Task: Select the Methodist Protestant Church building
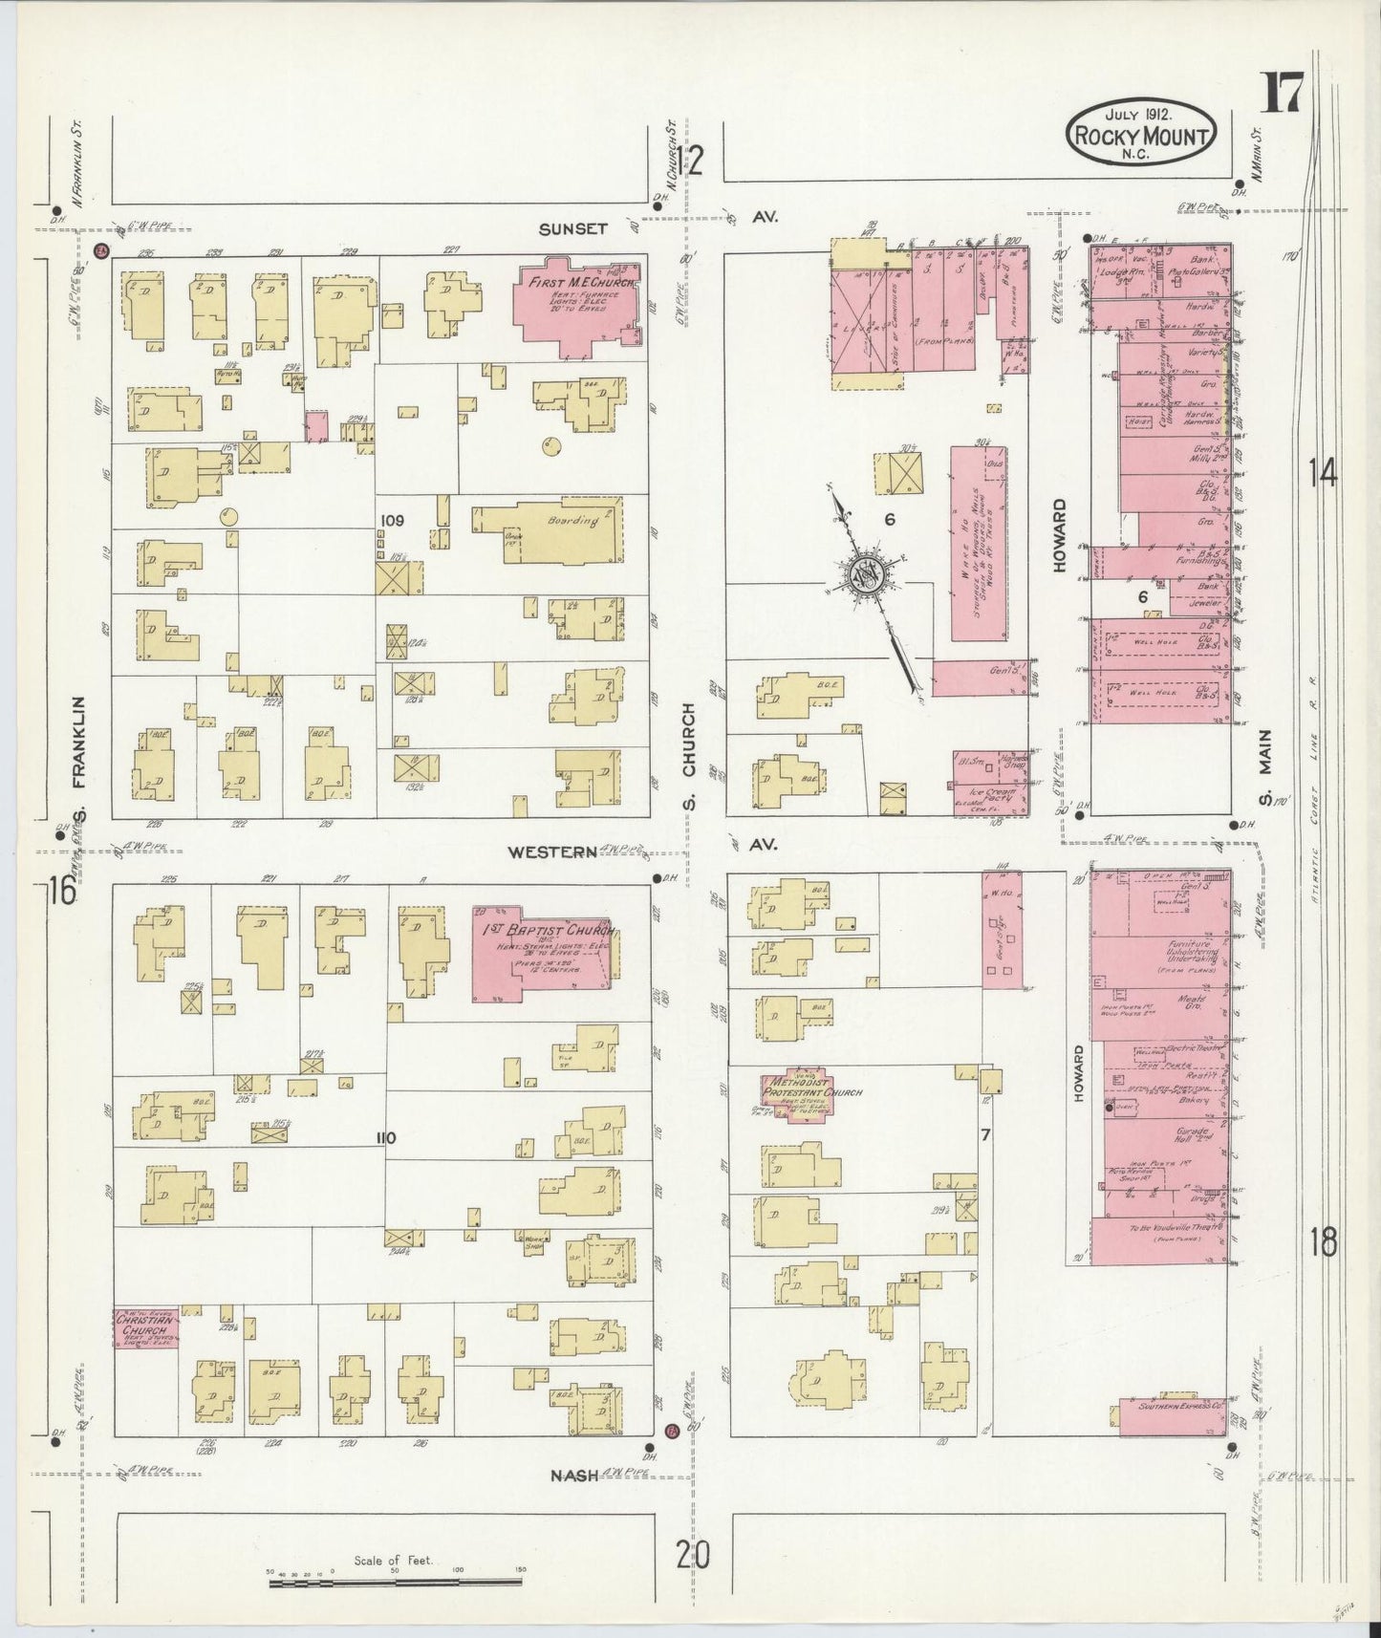tap(797, 1096)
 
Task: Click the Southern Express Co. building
tap(1174, 1416)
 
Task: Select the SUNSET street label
tap(572, 228)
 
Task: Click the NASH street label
tap(573, 1475)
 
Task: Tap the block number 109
tap(393, 521)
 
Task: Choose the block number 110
tap(386, 1137)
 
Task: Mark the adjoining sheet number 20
tap(691, 1557)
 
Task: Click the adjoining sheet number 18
tap(1324, 1242)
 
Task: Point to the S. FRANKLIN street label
tap(80, 760)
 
